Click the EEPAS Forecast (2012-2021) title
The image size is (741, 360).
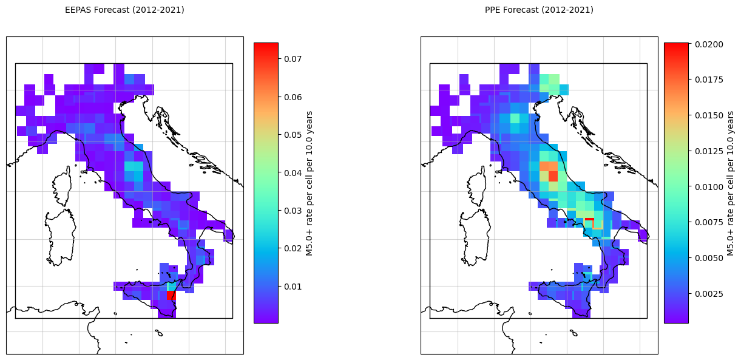(124, 10)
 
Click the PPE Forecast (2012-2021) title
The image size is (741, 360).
(539, 10)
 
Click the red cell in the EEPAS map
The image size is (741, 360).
(171, 295)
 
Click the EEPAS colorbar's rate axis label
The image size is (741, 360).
(310, 183)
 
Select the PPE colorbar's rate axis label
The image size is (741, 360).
(730, 183)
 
